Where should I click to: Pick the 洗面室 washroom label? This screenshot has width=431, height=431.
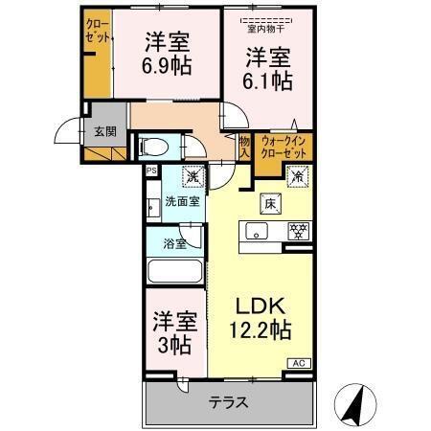pos(182,201)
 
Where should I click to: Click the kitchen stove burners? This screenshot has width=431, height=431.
pos(299,231)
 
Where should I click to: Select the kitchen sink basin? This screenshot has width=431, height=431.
pos(256,231)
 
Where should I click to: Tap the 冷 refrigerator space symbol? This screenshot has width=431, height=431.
pos(297,177)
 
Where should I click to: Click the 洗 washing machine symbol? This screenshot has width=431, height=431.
pos(193,176)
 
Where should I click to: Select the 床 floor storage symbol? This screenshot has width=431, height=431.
pos(269,202)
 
